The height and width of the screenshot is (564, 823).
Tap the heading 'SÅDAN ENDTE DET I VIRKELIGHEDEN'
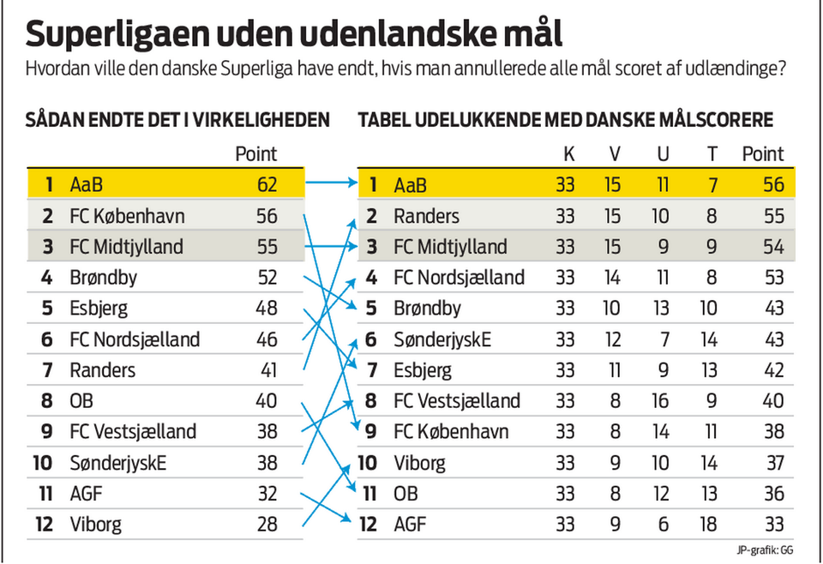(177, 120)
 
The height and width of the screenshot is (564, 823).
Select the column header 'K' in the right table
(568, 154)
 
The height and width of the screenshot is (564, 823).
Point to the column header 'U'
(662, 154)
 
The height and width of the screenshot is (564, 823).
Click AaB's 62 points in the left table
(267, 184)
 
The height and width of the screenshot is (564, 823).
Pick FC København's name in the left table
(127, 216)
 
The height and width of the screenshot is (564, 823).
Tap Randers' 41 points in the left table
(267, 370)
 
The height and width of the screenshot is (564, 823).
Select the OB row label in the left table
(81, 401)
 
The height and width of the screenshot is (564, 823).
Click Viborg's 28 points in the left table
(267, 524)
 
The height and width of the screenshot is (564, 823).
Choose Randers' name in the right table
(426, 216)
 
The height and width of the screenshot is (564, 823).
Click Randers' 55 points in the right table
(773, 216)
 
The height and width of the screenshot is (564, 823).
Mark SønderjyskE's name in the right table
(442, 339)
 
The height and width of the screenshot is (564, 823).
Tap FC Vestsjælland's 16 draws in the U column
(660, 401)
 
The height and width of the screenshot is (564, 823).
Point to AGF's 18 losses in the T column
(711, 524)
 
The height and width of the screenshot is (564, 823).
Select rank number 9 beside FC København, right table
(371, 432)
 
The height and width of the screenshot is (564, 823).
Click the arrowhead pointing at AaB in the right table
(351, 183)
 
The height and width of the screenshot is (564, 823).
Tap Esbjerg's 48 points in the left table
(267, 309)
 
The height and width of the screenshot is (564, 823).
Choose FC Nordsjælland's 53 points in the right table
(773, 278)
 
